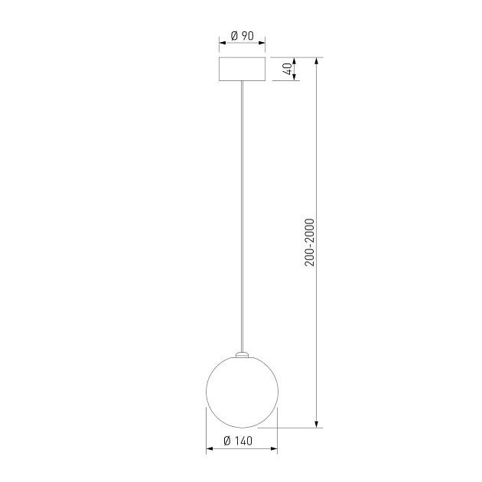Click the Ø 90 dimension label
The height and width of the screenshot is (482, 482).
pyautogui.click(x=243, y=36)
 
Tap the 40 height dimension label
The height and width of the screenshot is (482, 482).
pyautogui.click(x=288, y=69)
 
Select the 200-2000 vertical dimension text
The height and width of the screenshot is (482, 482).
pyautogui.click(x=310, y=243)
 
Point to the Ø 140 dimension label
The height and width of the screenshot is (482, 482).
pyautogui.click(x=238, y=441)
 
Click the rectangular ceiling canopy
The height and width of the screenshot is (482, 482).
pyautogui.click(x=243, y=69)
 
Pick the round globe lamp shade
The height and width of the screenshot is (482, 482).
pyautogui.click(x=243, y=392)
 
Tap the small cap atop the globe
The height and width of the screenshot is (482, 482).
pyautogui.click(x=243, y=355)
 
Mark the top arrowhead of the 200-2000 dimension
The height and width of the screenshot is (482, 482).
pyautogui.click(x=317, y=61)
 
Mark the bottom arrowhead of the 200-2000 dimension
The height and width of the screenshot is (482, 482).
pyautogui.click(x=317, y=424)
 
